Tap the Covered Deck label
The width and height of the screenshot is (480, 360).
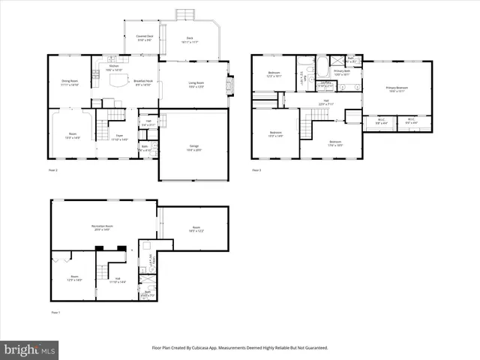point(145,37)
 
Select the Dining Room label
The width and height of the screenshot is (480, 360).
point(69,83)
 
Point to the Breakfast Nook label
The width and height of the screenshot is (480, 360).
point(143,83)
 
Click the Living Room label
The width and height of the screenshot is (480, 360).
point(196,85)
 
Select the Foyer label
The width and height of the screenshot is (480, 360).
point(118,138)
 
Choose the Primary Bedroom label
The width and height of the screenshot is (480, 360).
point(397,89)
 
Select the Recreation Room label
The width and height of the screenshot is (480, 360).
point(102,227)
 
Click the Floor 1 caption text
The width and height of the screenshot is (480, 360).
point(55,312)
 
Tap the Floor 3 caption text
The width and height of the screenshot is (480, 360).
point(256,170)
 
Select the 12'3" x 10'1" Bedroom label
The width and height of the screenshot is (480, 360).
point(274,74)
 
